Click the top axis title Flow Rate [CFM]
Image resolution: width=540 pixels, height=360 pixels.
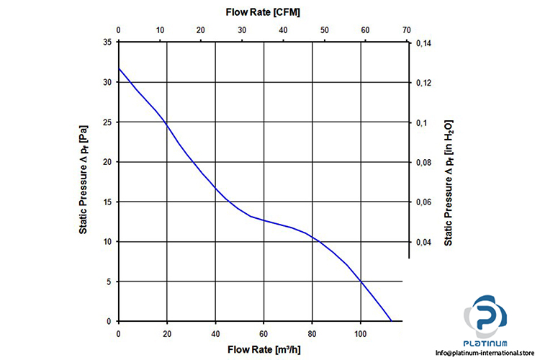click(262, 12)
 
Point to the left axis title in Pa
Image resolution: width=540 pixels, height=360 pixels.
click(84, 181)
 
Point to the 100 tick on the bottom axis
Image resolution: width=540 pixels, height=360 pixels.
click(361, 334)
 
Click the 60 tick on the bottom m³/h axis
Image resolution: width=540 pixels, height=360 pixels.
click(264, 334)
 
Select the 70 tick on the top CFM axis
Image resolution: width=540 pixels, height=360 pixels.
click(408, 30)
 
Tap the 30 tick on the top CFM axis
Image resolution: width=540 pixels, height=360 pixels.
click(243, 30)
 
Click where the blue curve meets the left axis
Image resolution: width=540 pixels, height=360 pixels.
click(119, 69)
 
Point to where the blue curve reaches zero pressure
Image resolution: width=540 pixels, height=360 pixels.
click(391, 321)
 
